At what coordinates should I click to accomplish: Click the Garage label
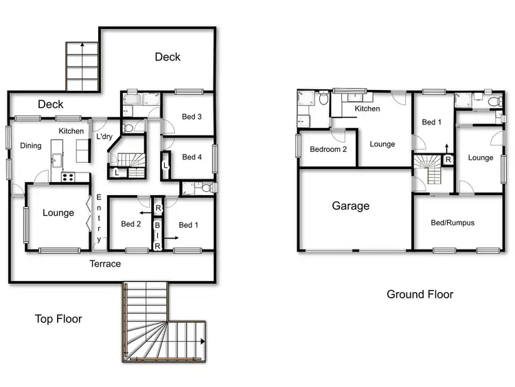coord(351,206)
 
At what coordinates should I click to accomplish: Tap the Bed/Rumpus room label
coord(453,223)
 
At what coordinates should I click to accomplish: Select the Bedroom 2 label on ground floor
coord(328,150)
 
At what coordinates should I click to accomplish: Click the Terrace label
coord(106,264)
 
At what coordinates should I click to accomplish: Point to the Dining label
coord(30,146)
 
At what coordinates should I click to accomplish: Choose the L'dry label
coord(104,137)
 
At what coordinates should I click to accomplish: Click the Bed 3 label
coord(192,117)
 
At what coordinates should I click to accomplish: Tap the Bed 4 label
coord(192,157)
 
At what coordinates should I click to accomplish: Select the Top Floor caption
coord(58,319)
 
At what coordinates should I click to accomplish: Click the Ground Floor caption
coord(420,294)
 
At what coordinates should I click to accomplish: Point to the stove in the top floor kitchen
coord(68,177)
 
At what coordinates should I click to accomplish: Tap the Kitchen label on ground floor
coord(367,109)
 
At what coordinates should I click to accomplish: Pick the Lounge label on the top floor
coord(58,213)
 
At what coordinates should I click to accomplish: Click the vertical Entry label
coord(99,219)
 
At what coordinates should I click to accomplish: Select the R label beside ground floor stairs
coord(448,160)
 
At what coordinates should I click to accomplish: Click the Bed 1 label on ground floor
coord(431,122)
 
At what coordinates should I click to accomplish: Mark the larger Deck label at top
coord(168,57)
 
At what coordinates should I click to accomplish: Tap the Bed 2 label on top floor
coord(130,224)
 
